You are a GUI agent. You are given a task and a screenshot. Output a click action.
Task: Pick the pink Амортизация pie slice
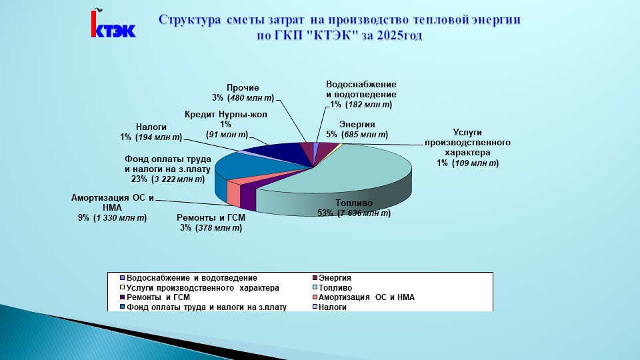pos(234,191)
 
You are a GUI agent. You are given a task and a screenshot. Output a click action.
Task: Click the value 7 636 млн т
pos(364,213)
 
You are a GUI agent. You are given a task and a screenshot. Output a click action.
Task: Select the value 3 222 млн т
pos(177,179)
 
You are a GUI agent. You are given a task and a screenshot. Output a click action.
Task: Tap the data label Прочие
pos(243,88)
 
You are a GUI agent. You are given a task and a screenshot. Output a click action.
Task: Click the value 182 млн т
pos(369,105)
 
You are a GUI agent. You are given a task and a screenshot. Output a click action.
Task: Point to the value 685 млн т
pos(365,135)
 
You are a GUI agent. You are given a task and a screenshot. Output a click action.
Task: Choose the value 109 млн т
pos(475,163)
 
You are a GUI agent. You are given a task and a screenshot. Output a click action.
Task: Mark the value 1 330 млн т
pos(120,218)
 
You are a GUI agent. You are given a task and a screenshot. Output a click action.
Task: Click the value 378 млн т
pos(219,228)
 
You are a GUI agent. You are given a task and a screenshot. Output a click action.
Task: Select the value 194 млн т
pos(159,137)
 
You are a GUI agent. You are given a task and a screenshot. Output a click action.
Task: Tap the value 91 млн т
pos(227,135)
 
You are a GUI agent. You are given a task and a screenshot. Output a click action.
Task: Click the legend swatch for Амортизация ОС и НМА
pos(315,297)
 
